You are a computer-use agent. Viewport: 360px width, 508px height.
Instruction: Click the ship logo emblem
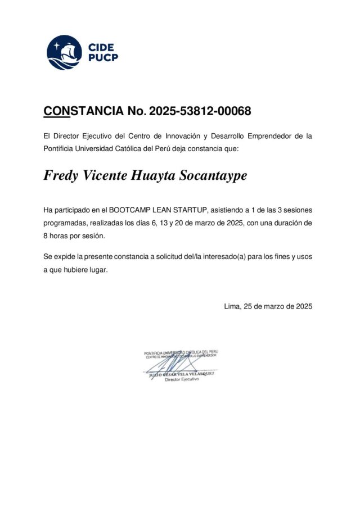pos(64,52)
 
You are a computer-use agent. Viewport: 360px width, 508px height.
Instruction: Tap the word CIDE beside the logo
pos(101,47)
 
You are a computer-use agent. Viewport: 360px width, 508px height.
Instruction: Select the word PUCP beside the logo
pos(103,58)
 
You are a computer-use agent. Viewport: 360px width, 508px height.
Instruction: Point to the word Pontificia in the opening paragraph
pos(60,148)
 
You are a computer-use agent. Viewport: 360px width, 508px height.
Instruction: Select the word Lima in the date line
pos(232,307)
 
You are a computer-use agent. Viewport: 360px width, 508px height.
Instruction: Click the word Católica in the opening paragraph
pos(127,148)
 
